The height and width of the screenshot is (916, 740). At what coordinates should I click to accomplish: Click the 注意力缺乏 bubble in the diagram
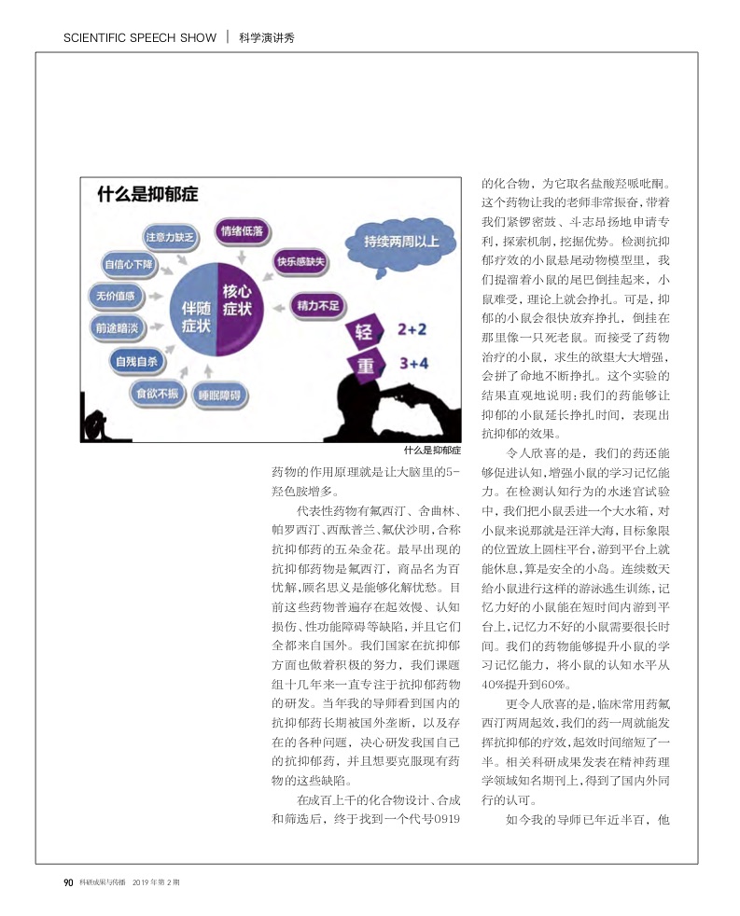169,237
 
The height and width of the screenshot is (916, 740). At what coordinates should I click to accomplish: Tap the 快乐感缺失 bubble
300,262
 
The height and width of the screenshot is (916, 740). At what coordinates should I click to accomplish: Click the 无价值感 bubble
116,297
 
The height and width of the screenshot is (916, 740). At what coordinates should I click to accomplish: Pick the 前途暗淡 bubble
117,327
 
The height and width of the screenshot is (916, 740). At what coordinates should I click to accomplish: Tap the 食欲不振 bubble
157,393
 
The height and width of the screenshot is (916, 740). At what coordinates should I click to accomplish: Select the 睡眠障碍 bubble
220,396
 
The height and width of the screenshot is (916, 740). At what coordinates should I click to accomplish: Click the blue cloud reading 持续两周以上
401,243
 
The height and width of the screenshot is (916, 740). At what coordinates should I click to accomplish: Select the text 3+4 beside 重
413,363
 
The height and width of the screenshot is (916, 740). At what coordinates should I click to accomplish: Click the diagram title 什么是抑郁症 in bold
147,195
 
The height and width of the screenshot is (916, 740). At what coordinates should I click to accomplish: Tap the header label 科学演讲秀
266,38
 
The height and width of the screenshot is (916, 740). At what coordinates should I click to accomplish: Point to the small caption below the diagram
433,450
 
